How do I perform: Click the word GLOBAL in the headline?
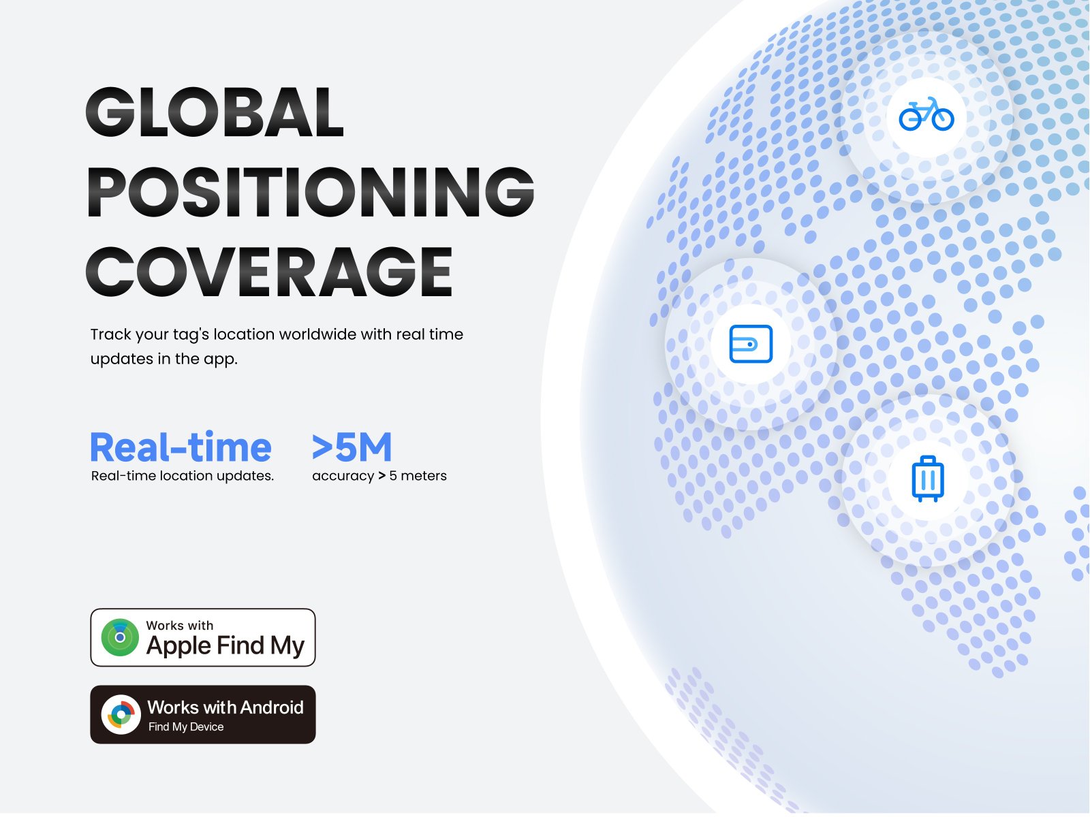click(215, 112)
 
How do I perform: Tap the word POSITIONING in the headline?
click(311, 192)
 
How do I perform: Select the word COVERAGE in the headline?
click(268, 272)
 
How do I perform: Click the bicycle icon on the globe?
click(926, 114)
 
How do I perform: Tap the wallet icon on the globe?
click(751, 344)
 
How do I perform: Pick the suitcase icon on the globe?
click(928, 479)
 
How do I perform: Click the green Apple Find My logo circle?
click(120, 637)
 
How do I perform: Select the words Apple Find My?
click(225, 646)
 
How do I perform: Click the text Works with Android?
click(225, 707)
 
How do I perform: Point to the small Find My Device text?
click(186, 726)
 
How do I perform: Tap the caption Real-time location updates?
click(183, 476)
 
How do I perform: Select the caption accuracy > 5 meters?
click(379, 476)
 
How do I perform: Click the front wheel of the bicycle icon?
click(943, 119)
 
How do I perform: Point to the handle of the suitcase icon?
click(928, 460)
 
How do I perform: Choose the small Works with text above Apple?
click(179, 625)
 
